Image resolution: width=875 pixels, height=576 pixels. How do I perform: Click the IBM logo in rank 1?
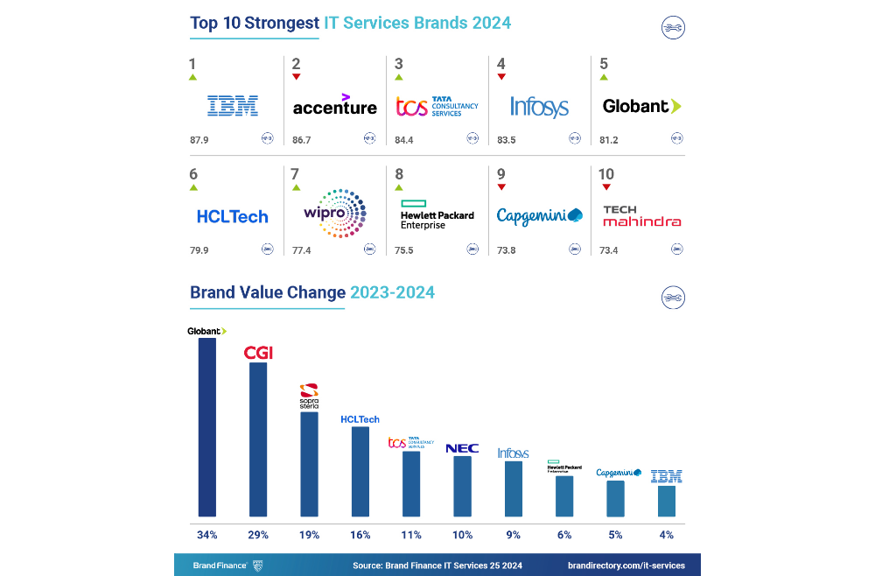point(232,107)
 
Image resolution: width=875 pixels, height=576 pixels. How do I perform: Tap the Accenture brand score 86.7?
point(301,138)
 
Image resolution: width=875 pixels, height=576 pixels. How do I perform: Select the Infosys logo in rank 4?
point(539,107)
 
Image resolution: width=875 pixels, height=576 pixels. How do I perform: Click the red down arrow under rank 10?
point(605,186)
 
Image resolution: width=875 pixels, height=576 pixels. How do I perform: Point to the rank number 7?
point(295,174)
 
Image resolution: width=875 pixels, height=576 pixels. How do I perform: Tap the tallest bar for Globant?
point(207,427)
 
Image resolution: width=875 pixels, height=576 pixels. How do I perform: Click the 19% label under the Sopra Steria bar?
point(309,534)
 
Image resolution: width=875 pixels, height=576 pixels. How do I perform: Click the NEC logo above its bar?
point(462,448)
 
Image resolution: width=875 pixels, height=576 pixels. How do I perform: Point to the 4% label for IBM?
point(667,534)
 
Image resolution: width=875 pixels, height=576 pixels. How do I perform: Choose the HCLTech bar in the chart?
point(360,471)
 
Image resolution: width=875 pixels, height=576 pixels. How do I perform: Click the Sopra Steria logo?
point(309,397)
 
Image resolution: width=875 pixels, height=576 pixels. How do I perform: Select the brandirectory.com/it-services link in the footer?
point(626,565)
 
